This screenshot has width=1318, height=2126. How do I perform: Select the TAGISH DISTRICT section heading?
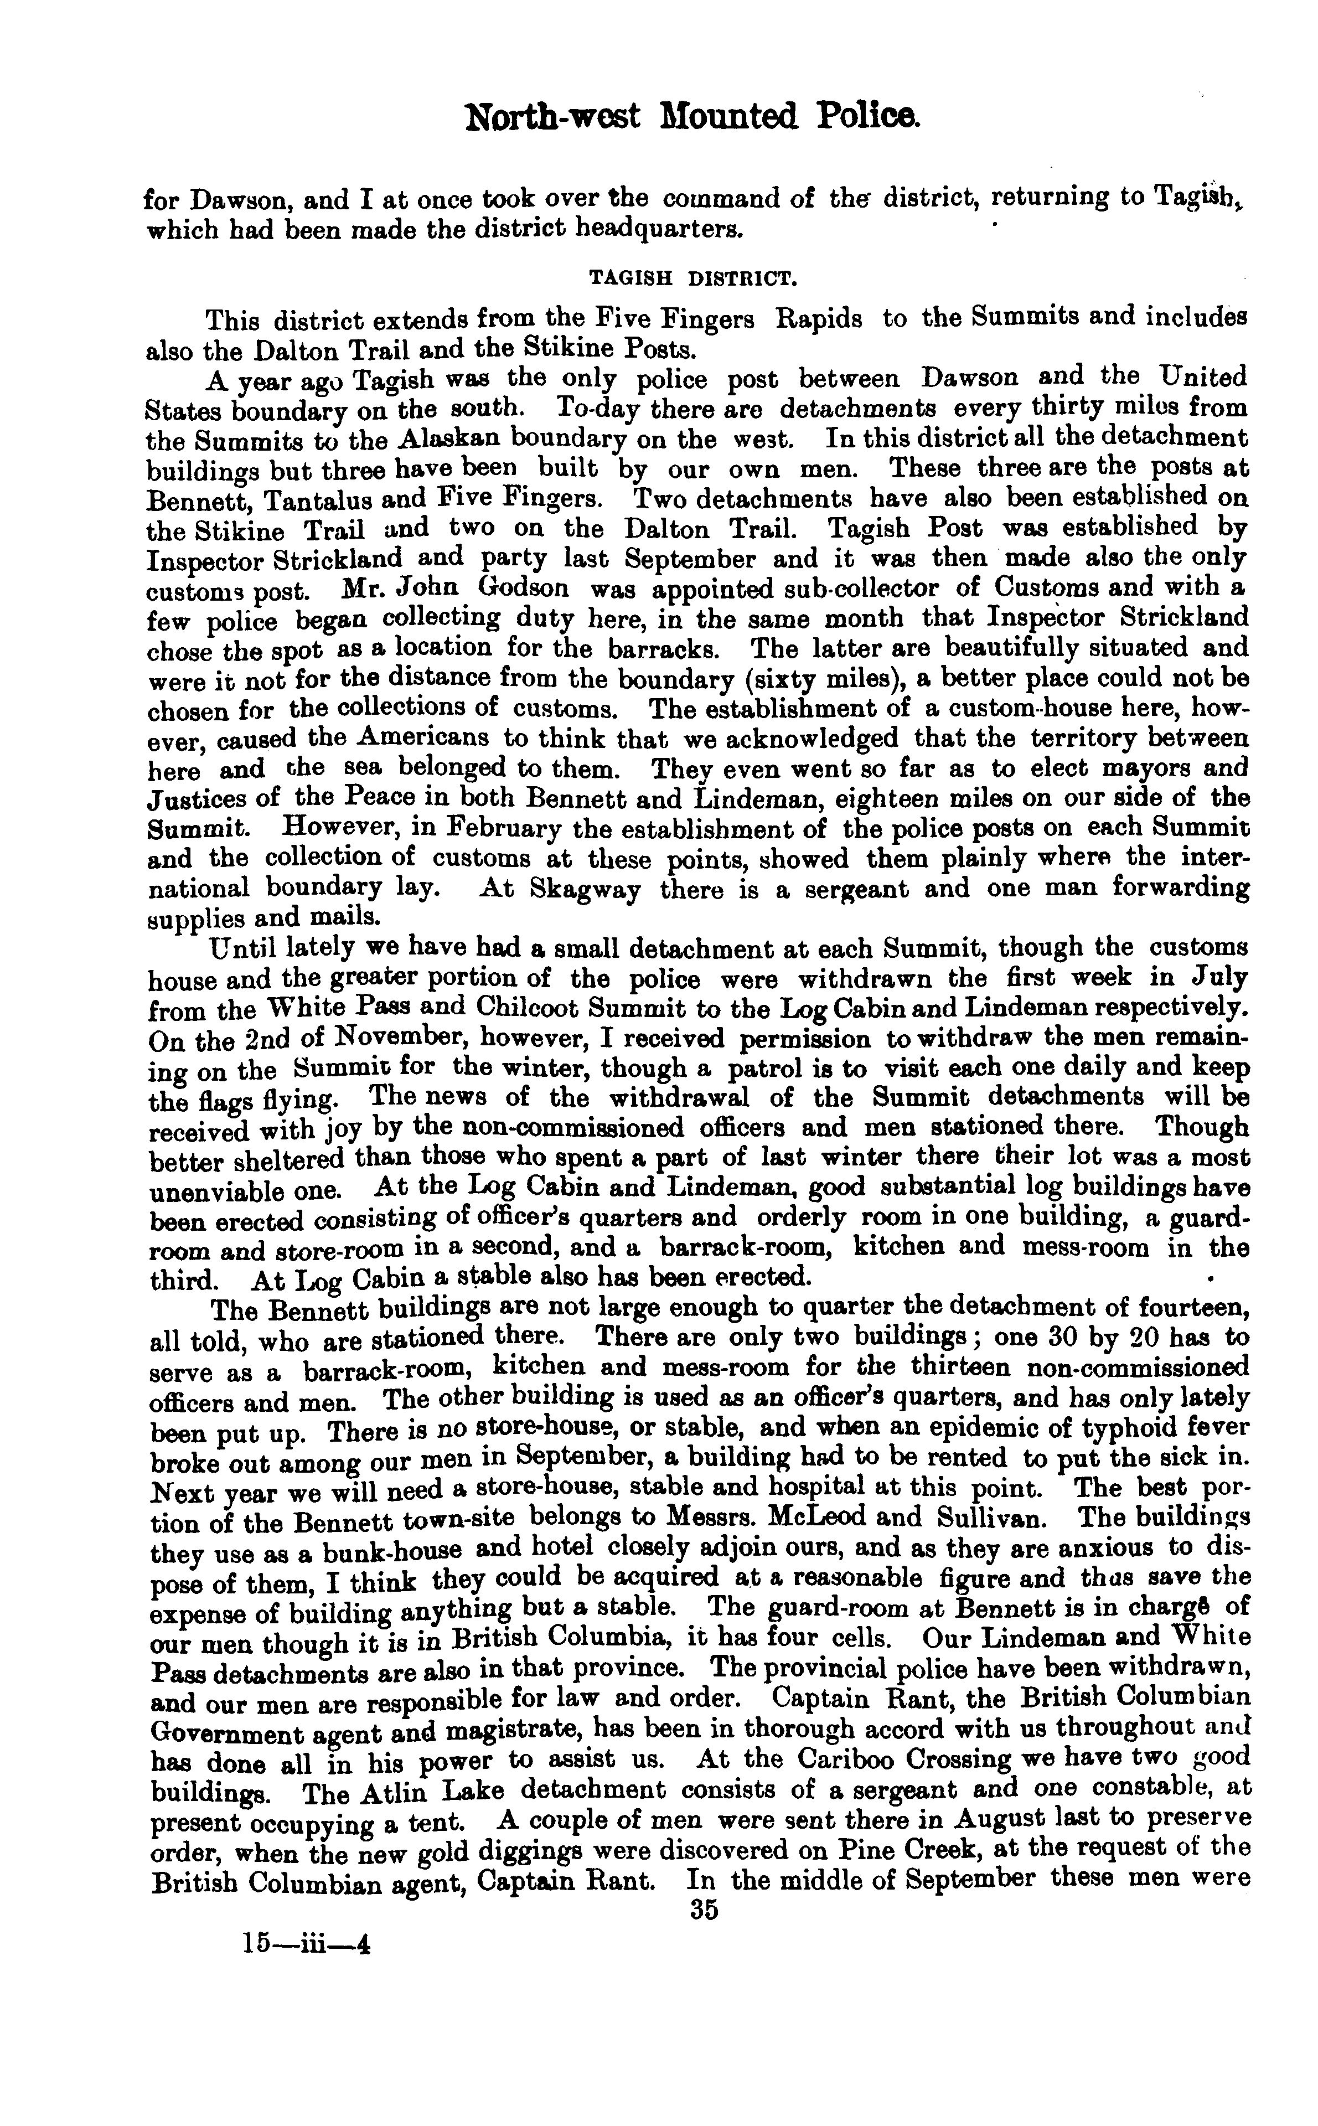(x=693, y=279)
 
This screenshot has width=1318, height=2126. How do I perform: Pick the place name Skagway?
(x=586, y=890)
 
